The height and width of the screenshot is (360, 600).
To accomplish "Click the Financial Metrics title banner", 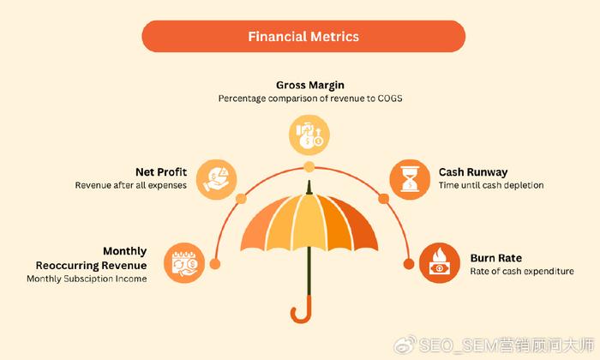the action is tap(303, 36).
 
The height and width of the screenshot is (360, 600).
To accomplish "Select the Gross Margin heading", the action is tap(310, 86).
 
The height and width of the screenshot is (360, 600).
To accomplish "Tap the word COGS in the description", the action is tap(390, 99).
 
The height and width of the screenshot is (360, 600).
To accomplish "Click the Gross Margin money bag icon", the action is tap(309, 135).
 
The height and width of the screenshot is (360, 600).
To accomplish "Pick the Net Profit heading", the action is tap(161, 172).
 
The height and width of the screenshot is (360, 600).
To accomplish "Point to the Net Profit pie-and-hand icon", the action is tap(217, 179).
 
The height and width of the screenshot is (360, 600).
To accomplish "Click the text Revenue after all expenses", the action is tap(131, 185).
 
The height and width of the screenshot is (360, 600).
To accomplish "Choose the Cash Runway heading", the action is tap(473, 172).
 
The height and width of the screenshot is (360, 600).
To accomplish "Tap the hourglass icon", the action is tap(410, 179).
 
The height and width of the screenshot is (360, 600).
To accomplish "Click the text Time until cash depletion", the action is tap(491, 185).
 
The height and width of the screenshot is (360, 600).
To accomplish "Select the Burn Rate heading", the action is tap(496, 258).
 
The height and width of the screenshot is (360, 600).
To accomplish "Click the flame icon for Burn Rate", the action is tap(439, 263).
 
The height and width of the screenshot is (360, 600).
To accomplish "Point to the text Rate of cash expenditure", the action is tap(522, 271).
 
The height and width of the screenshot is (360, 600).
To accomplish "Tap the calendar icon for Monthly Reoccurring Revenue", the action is tap(184, 263).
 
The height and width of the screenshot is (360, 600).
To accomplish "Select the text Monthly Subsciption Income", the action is tap(87, 279).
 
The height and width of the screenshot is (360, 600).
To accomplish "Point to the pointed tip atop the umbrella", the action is tap(309, 187).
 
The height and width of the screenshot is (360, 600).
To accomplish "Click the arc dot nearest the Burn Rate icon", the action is tap(409, 264).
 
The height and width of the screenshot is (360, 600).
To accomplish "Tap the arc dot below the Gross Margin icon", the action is tap(309, 167).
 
